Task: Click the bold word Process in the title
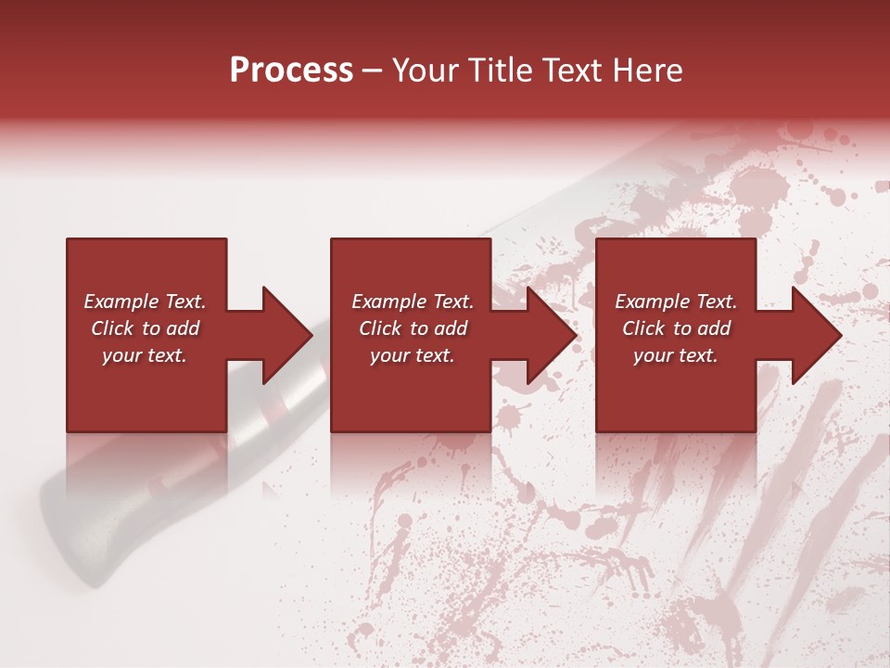291,71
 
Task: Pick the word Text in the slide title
566,71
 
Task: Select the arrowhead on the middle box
551,335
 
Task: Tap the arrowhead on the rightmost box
816,335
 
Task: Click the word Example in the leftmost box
121,302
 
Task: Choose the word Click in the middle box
380,328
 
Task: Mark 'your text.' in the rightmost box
676,355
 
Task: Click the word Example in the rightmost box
652,302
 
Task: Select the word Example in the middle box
388,302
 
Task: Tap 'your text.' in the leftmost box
145,355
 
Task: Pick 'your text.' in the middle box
412,355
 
